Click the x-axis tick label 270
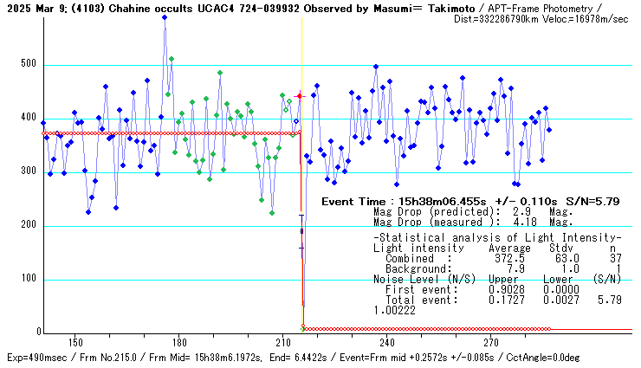pyautogui.click(x=491, y=342)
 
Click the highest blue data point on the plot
pyautogui.click(x=165, y=17)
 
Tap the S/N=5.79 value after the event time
pyautogui.click(x=590, y=201)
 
